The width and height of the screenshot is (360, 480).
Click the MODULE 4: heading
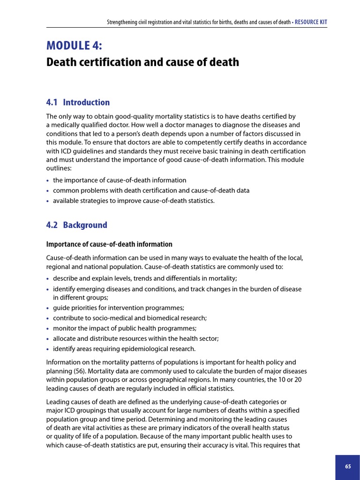pyautogui.click(x=75, y=45)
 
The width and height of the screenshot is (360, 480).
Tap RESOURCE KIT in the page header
pyautogui.click(x=311, y=22)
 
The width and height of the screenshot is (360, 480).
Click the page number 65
pyautogui.click(x=347, y=466)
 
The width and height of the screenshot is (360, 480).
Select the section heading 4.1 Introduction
pyautogui.click(x=78, y=102)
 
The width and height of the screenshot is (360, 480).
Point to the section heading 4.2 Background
pyautogui.click(x=76, y=225)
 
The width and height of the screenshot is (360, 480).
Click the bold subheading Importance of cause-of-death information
pyautogui.click(x=109, y=244)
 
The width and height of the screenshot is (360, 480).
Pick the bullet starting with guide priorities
pyautogui.click(x=118, y=307)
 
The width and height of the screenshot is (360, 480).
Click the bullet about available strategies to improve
pyautogui.click(x=134, y=201)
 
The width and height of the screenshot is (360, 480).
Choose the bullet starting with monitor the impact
pyautogui.click(x=125, y=328)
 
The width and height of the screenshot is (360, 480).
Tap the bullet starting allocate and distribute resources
pyautogui.click(x=135, y=338)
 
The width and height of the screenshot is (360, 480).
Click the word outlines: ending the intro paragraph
pyautogui.click(x=58, y=168)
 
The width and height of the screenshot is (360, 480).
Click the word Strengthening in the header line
pyautogui.click(x=121, y=22)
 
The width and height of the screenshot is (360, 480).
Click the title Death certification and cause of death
pyautogui.click(x=142, y=62)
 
